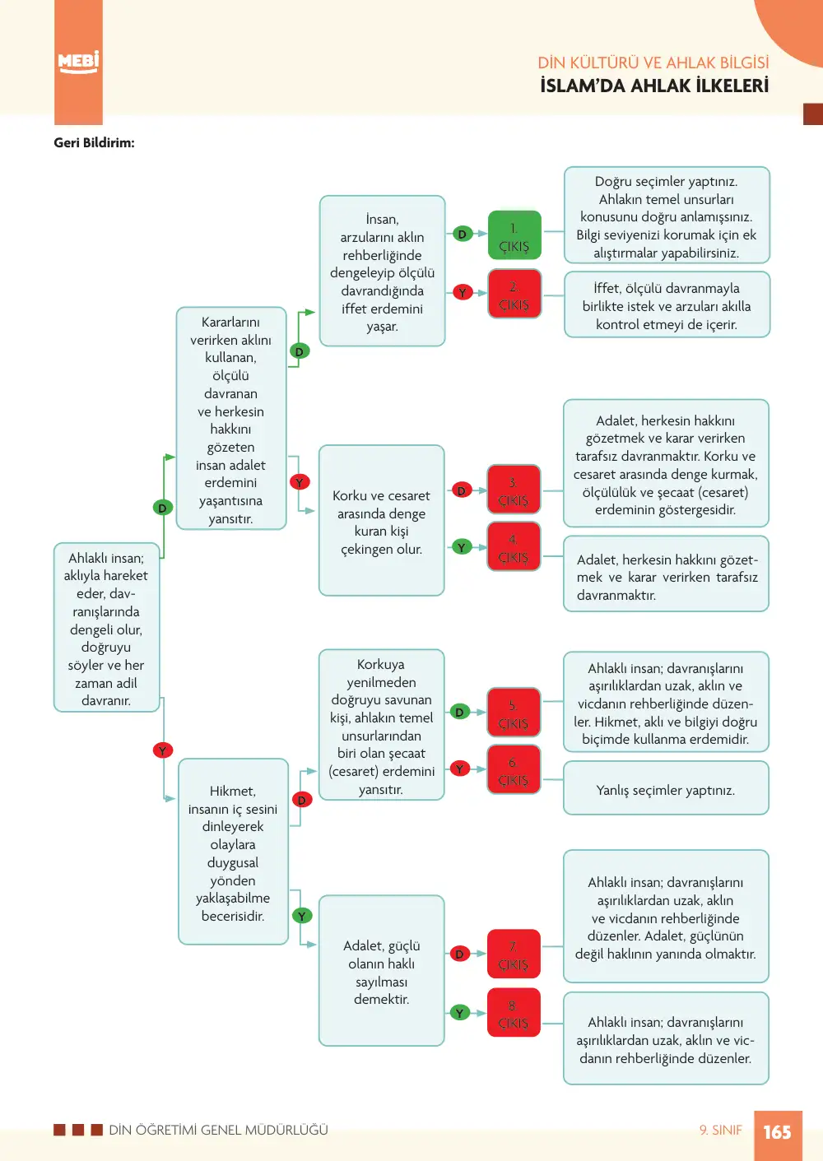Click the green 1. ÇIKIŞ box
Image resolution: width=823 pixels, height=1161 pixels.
coord(514,235)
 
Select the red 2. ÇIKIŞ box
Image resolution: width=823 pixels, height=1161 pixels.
coord(514,294)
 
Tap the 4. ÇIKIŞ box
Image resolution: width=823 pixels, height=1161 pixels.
coord(513,546)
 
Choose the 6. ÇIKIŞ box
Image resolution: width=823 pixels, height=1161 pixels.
coord(513,769)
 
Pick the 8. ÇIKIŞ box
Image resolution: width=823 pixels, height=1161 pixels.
coord(513,1012)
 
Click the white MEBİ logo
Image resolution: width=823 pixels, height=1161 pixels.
coord(78,63)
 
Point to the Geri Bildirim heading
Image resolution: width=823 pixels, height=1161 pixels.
coord(94,142)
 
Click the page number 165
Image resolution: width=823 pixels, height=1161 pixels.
coord(778,1131)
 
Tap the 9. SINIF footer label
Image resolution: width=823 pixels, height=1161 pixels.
coord(720,1130)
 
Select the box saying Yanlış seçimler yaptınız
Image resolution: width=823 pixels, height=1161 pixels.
coord(666,787)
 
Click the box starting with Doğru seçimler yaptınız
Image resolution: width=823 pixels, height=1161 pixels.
coord(667,215)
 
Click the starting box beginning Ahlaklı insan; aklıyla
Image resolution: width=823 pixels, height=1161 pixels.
coord(106,627)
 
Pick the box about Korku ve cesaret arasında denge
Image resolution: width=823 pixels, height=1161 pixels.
coord(381,520)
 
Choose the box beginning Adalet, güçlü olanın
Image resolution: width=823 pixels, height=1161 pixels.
coord(381,970)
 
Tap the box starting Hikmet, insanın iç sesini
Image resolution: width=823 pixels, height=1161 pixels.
coord(233,852)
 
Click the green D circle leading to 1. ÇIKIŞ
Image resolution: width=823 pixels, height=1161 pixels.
coord(463,234)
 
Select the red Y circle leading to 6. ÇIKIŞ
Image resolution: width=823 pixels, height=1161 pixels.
coord(460,769)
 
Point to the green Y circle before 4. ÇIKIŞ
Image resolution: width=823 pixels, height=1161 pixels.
coord(461,547)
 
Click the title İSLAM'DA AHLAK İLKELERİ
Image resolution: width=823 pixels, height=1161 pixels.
coord(654,86)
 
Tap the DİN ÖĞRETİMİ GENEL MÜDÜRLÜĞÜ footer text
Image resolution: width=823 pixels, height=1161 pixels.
coord(218,1130)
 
